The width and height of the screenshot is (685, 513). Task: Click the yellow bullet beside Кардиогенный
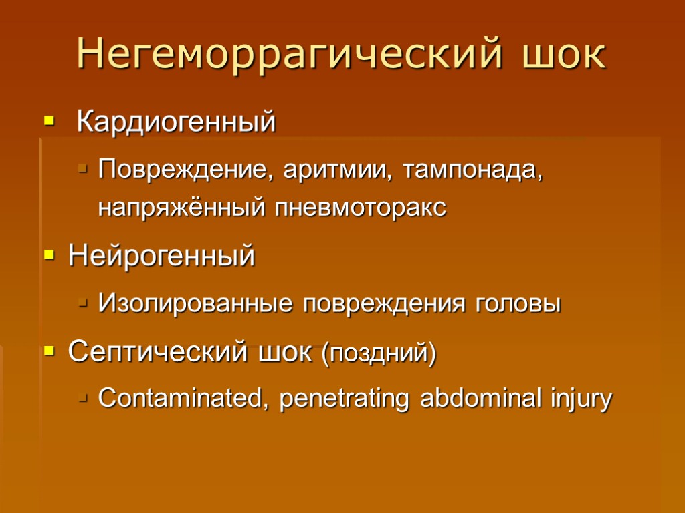[48, 122]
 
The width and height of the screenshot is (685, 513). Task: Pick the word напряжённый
[182, 208]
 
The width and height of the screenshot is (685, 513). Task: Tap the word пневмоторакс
[361, 208]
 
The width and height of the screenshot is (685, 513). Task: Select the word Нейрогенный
[162, 256]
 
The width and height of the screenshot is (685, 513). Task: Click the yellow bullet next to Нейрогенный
[48, 256]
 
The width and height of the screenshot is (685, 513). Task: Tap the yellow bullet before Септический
[48, 351]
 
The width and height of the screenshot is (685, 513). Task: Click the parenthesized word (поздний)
[379, 353]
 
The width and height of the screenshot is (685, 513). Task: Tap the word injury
[581, 400]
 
